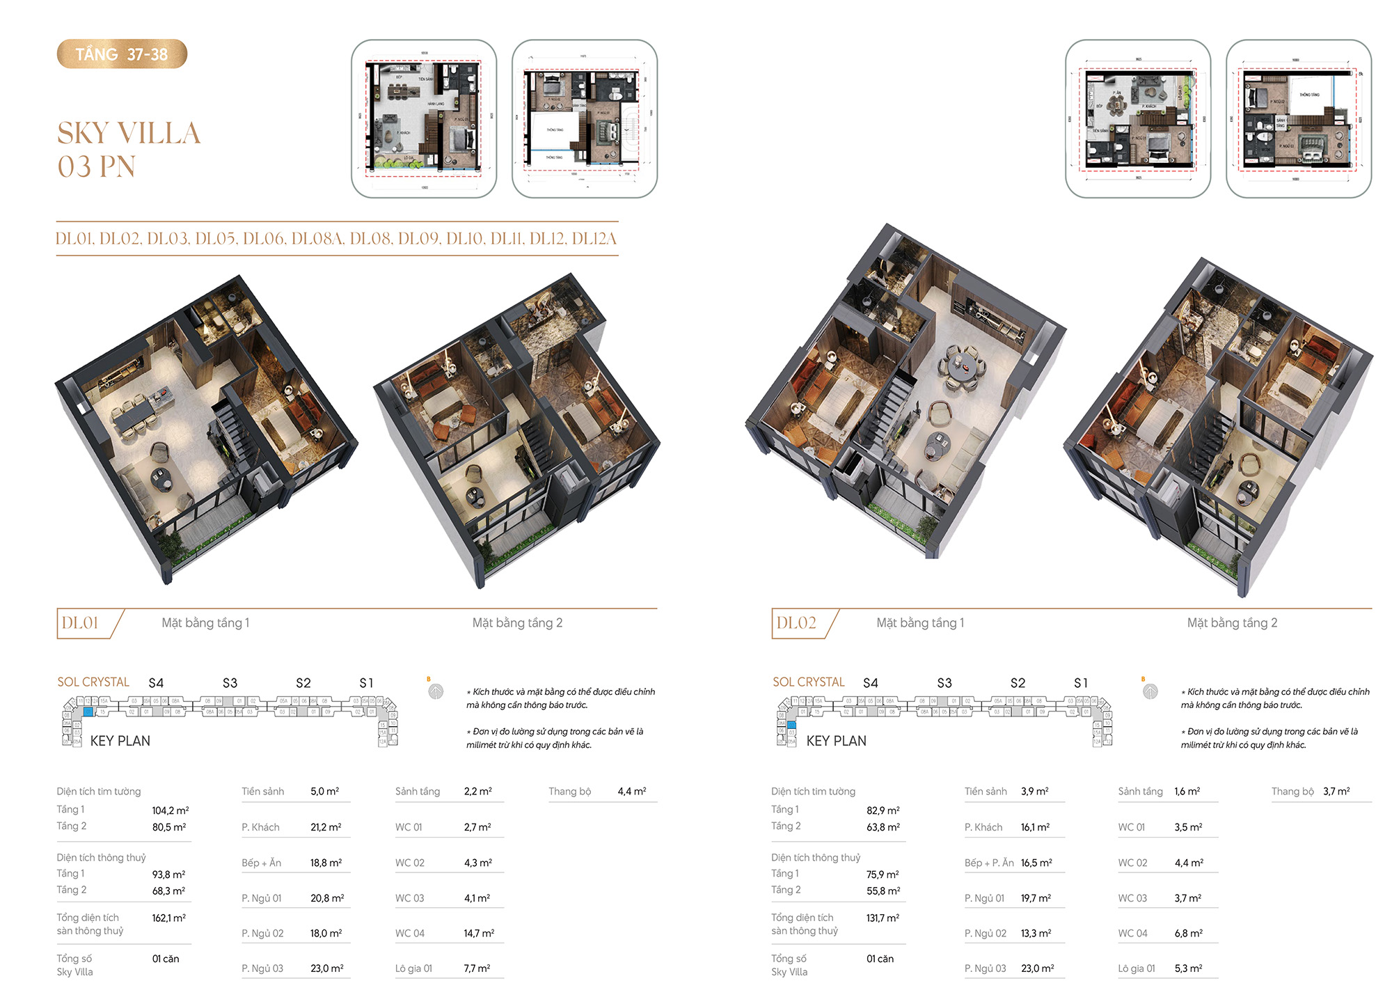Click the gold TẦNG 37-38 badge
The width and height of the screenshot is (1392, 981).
pos(122,54)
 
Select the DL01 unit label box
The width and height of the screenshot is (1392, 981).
pos(81,623)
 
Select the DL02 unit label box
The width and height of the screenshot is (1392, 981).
pos(796,623)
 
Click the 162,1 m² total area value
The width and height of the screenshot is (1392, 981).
pos(169,918)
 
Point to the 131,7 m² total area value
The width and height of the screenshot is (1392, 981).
pos(883,918)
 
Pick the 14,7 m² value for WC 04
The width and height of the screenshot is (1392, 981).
pos(480,933)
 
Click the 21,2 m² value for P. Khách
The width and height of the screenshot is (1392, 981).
pos(326,827)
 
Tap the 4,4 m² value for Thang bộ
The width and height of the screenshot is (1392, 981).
pos(632,792)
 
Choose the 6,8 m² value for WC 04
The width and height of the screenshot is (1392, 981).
pos(1189,933)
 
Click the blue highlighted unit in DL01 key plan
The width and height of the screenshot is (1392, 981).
pos(88,712)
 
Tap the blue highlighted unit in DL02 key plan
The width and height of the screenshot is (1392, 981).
pos(791,725)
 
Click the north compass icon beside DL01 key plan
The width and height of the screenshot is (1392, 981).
pos(436,691)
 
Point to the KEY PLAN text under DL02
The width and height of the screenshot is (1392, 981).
pos(836,741)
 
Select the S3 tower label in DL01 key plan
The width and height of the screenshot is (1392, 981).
pos(230,683)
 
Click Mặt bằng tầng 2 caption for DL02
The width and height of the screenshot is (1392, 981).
pos(1232,623)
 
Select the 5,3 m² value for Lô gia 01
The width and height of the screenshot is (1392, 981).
pos(1189,968)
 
